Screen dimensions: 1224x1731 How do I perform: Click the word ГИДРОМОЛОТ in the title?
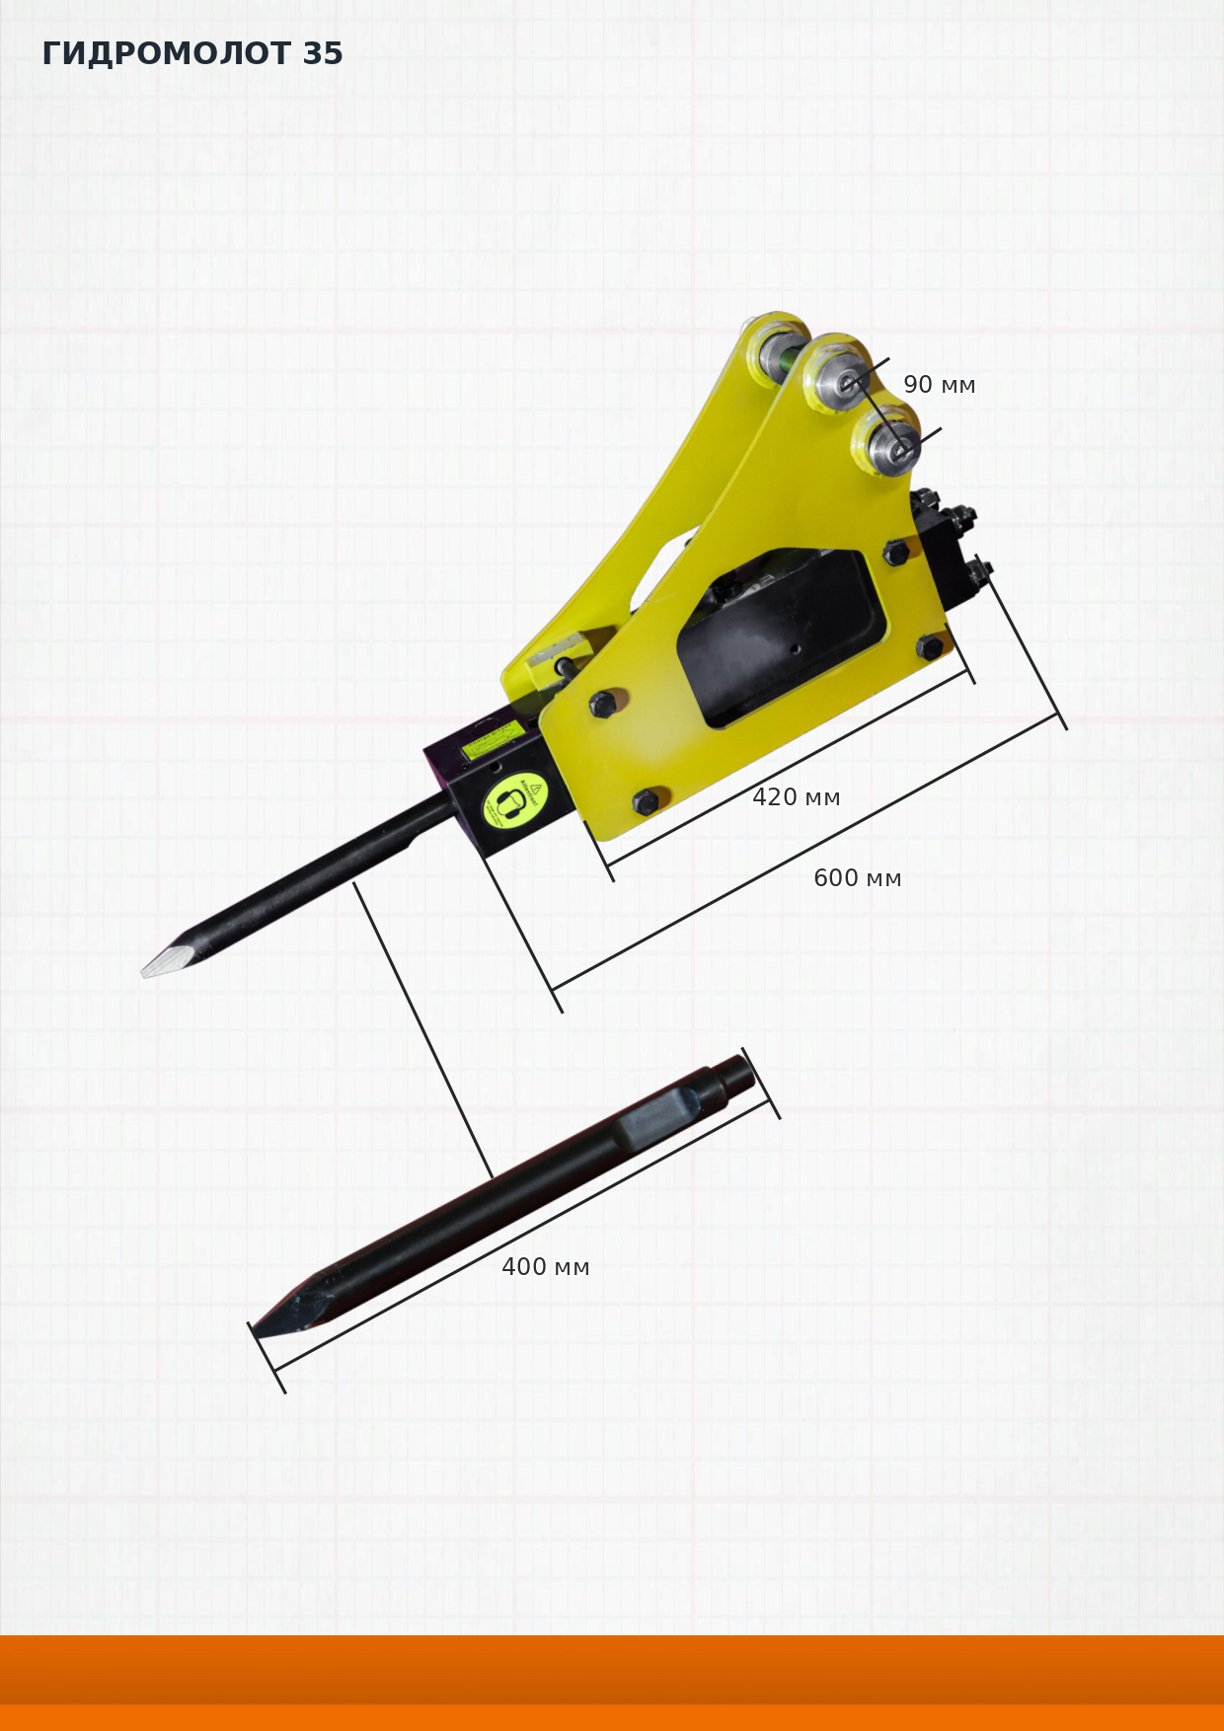click(166, 53)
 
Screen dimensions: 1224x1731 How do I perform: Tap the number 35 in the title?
click(323, 53)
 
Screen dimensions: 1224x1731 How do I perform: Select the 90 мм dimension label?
click(939, 385)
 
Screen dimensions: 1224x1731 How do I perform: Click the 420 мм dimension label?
click(796, 797)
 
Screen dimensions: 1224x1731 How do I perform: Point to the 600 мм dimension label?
click(857, 878)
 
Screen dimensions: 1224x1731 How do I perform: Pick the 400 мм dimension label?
click(545, 1267)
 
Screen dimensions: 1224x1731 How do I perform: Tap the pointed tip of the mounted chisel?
click(145, 973)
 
